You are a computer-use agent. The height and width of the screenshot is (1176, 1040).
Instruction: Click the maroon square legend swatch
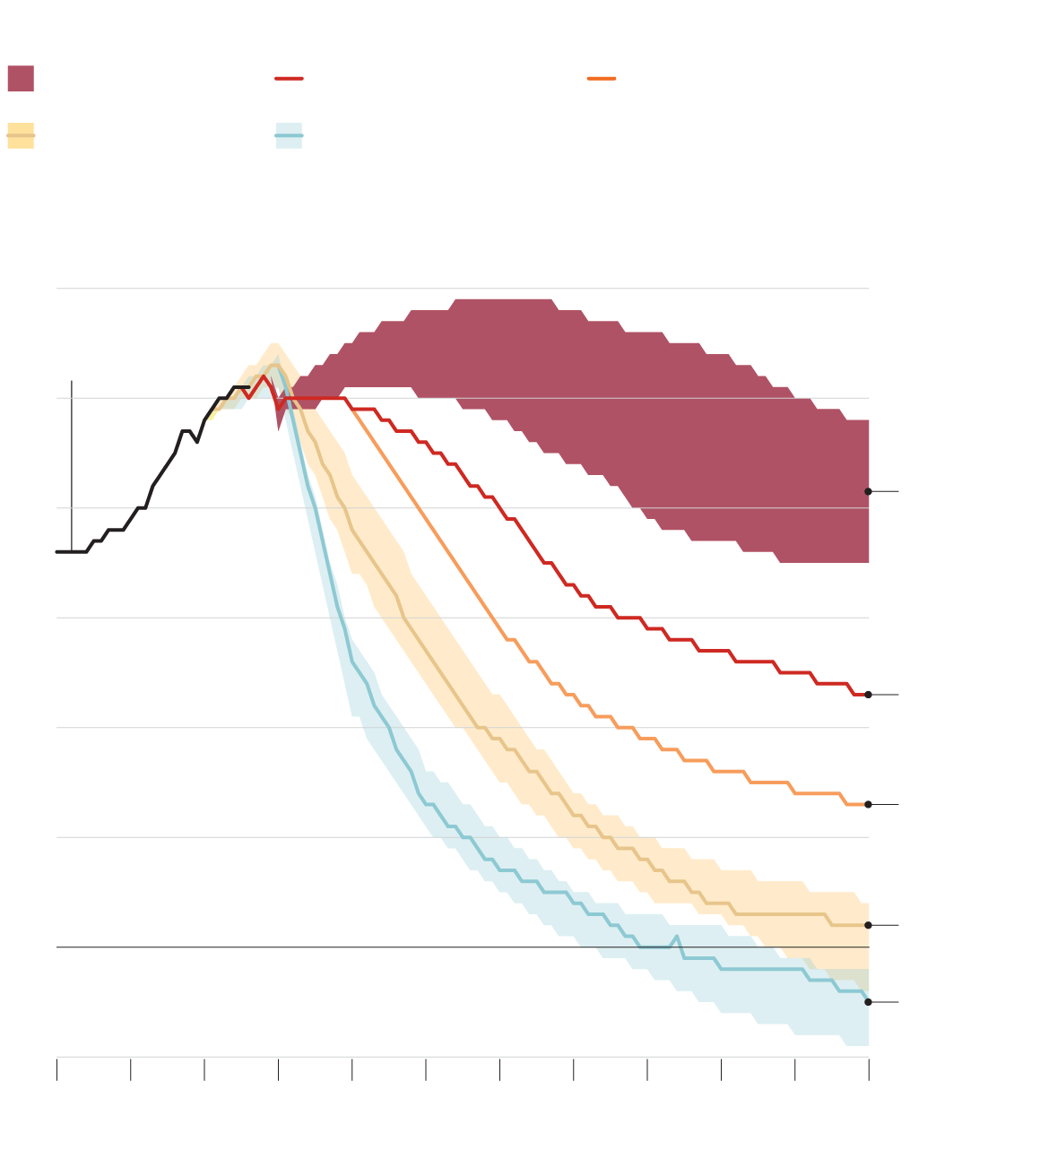tap(21, 78)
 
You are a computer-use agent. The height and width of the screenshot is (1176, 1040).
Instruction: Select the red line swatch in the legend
tap(289, 78)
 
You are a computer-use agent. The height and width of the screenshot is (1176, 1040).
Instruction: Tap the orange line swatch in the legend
tap(602, 78)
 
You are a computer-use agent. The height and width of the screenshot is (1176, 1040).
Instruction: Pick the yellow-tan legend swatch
tap(21, 135)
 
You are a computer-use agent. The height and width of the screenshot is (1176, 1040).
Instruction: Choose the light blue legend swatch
tap(289, 135)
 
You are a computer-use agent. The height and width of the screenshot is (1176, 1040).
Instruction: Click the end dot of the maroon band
tap(868, 491)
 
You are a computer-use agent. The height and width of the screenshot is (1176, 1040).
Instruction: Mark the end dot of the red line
tap(868, 695)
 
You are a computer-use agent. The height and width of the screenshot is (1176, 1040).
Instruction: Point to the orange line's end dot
tap(868, 804)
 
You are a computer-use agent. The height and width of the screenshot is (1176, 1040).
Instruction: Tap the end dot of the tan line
tap(868, 925)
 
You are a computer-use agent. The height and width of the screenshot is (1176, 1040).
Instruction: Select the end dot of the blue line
tap(868, 1002)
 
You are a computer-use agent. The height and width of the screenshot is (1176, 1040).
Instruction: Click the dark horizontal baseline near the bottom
tap(179, 947)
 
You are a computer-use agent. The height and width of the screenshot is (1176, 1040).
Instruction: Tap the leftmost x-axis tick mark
tap(56, 1068)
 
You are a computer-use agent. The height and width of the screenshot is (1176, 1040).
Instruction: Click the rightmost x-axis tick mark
tap(869, 1068)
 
